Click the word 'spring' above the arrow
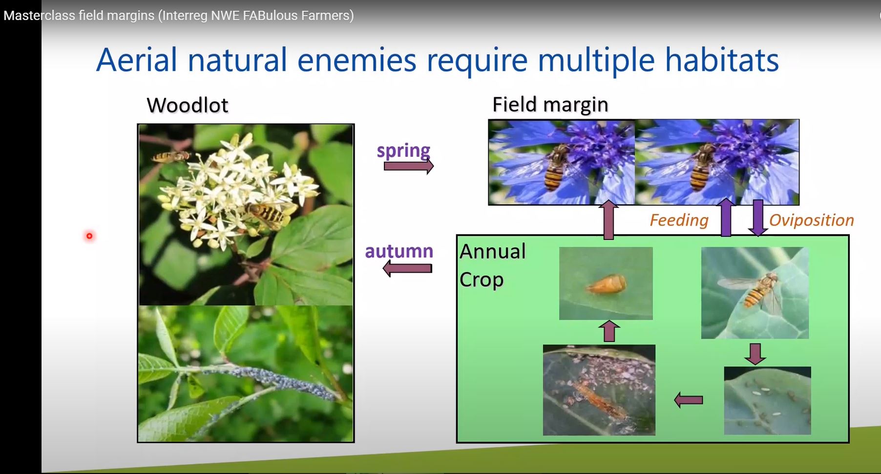(x=403, y=151)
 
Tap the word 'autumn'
(x=399, y=251)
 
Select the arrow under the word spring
(x=409, y=166)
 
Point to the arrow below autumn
(x=407, y=268)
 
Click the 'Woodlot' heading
(x=188, y=105)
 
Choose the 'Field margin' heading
(x=550, y=104)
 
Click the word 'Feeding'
(x=679, y=220)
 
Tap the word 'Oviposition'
(x=811, y=220)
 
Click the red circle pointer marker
(x=89, y=236)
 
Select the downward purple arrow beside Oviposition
(x=758, y=218)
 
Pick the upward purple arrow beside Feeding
(x=726, y=217)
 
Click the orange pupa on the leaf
(x=606, y=283)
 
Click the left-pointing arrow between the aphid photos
(x=689, y=400)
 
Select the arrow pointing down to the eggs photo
(x=755, y=354)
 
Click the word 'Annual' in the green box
(x=493, y=252)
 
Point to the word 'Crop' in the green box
(x=482, y=280)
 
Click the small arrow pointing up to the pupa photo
(x=609, y=331)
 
